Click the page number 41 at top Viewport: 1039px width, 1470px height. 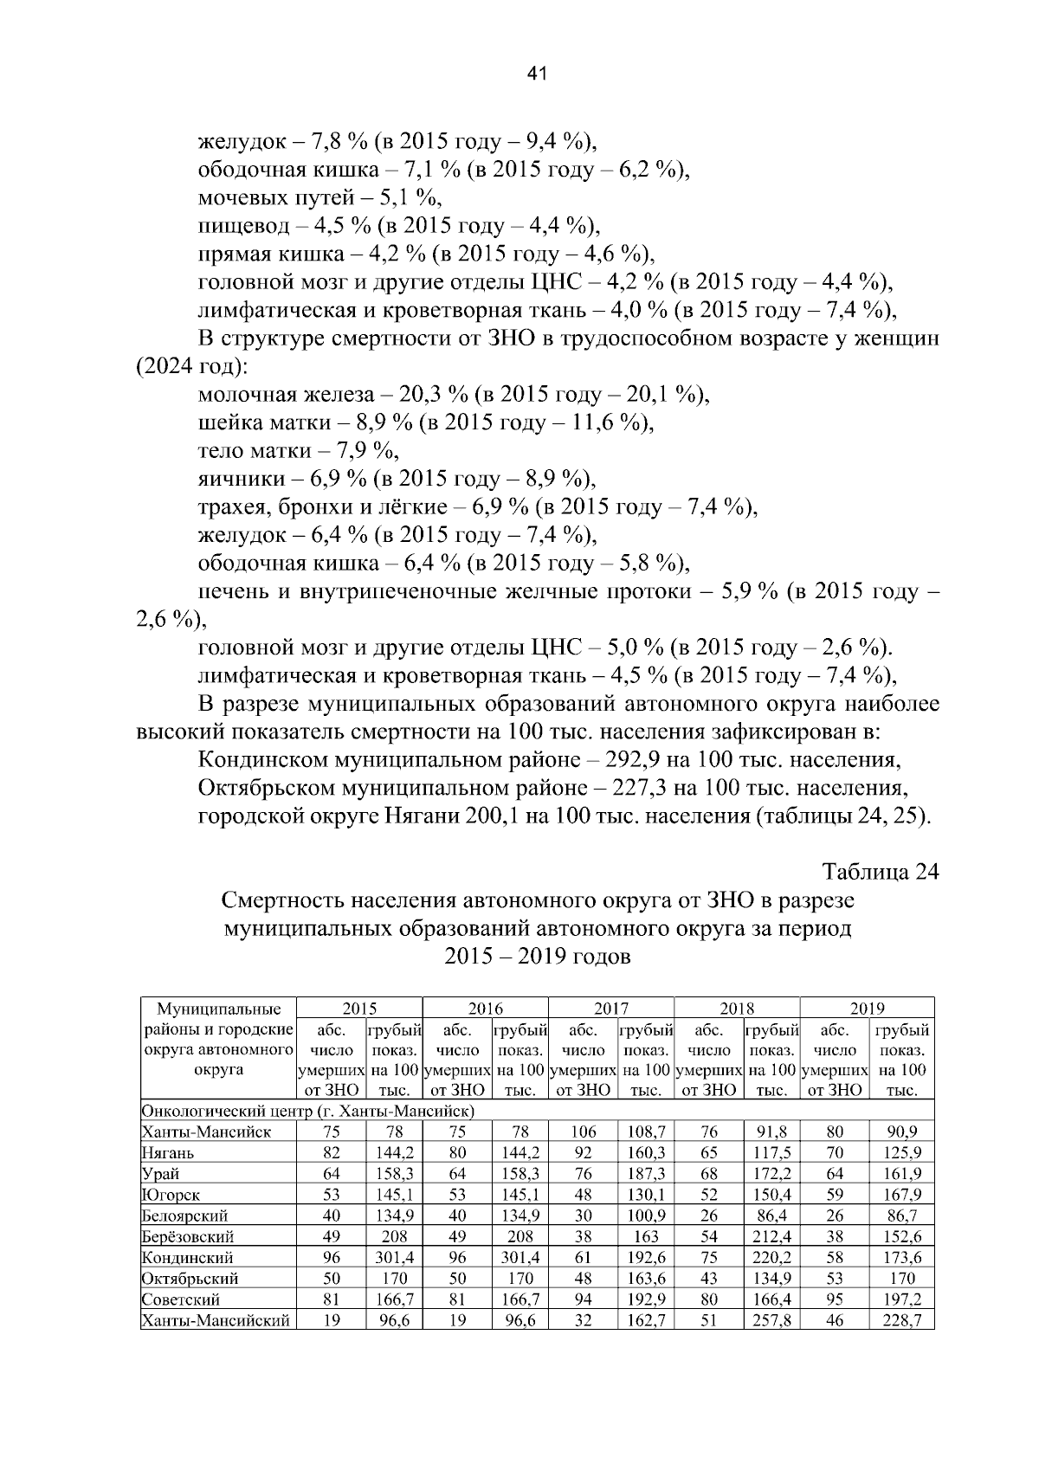click(x=537, y=75)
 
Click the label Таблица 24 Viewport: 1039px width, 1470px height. click(x=881, y=871)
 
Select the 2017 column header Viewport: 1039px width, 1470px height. click(x=611, y=1008)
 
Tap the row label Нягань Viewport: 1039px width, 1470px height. click(x=169, y=1153)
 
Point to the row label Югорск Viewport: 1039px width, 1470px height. click(x=171, y=1195)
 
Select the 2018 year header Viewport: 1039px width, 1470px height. click(x=737, y=1008)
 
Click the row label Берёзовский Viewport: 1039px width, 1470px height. click(x=187, y=1237)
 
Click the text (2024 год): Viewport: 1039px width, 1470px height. click(x=192, y=367)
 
